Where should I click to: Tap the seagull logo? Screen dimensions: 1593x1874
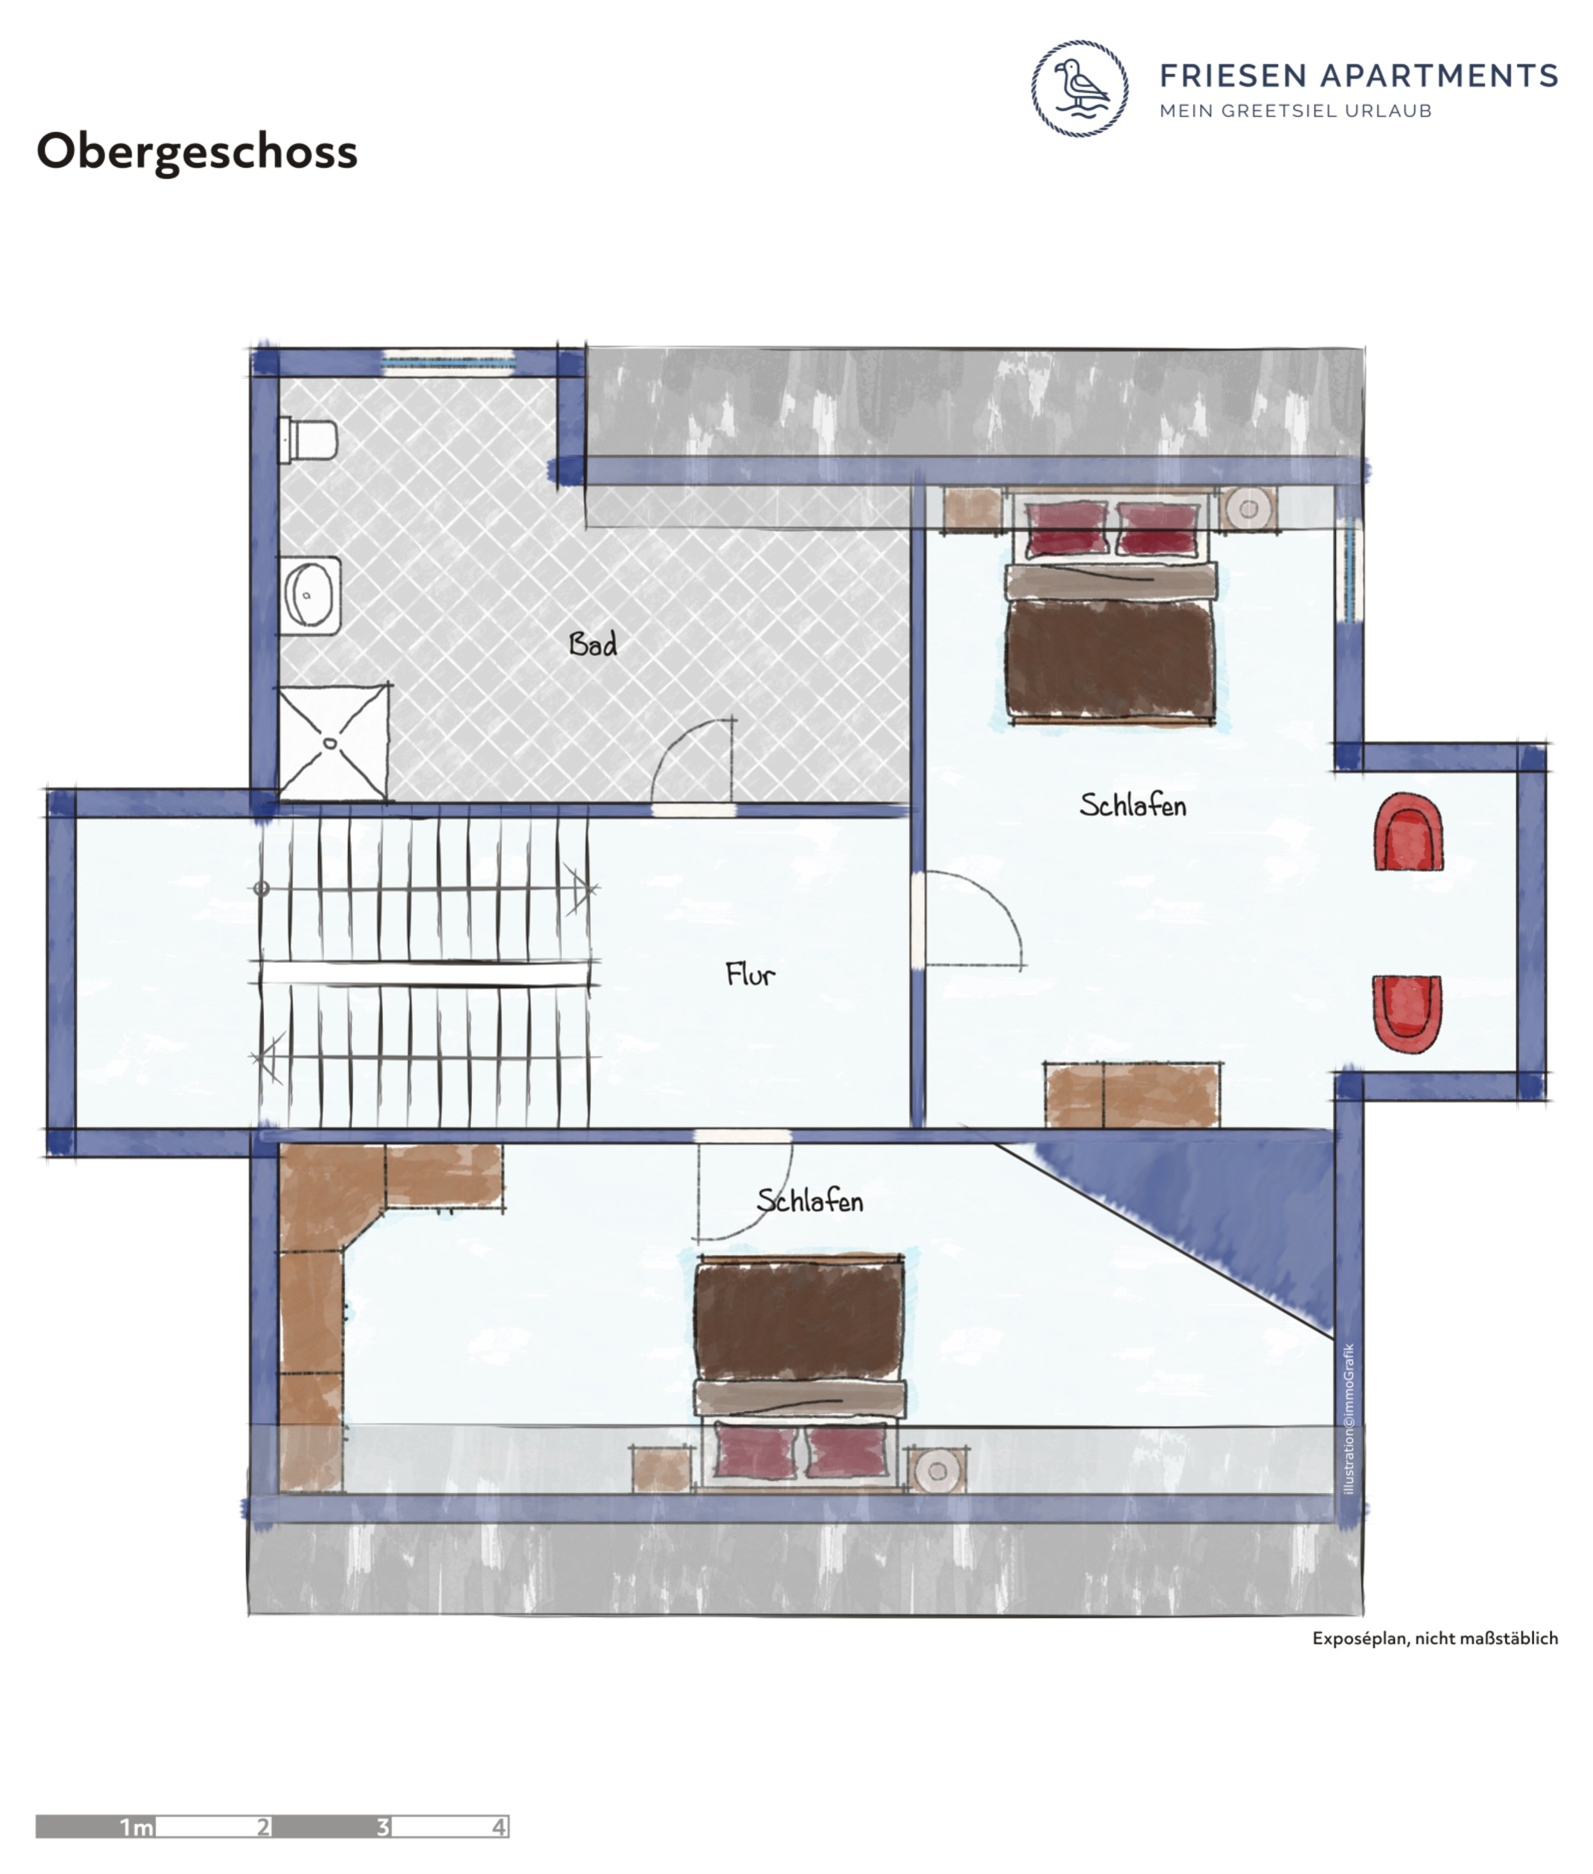1079,89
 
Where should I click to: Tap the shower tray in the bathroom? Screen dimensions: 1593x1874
333,741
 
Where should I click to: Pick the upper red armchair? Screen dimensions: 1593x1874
1408,832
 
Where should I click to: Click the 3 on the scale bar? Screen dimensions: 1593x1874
383,1826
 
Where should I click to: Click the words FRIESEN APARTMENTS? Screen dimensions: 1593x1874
1359,75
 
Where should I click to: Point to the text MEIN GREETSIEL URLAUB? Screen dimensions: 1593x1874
1296,111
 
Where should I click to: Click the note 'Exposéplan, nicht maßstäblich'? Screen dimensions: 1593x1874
1435,1638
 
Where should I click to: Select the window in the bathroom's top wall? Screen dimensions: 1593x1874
447,363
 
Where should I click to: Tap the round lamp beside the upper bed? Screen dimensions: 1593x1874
1248,509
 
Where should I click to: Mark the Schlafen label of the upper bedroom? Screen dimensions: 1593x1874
1133,805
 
